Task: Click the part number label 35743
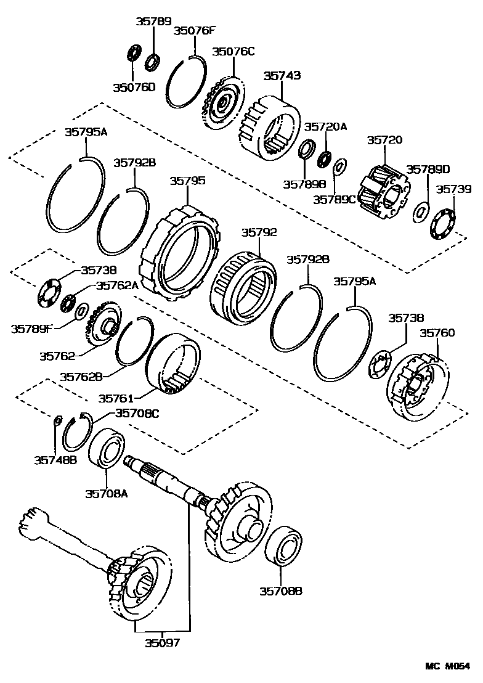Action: coord(282,76)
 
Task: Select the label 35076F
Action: coord(195,31)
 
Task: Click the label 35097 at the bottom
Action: coord(163,643)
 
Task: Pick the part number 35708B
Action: coord(281,591)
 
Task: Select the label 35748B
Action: coord(55,459)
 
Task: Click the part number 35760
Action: coord(437,333)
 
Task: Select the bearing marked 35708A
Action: coord(108,448)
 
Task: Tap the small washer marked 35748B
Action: coord(57,420)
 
